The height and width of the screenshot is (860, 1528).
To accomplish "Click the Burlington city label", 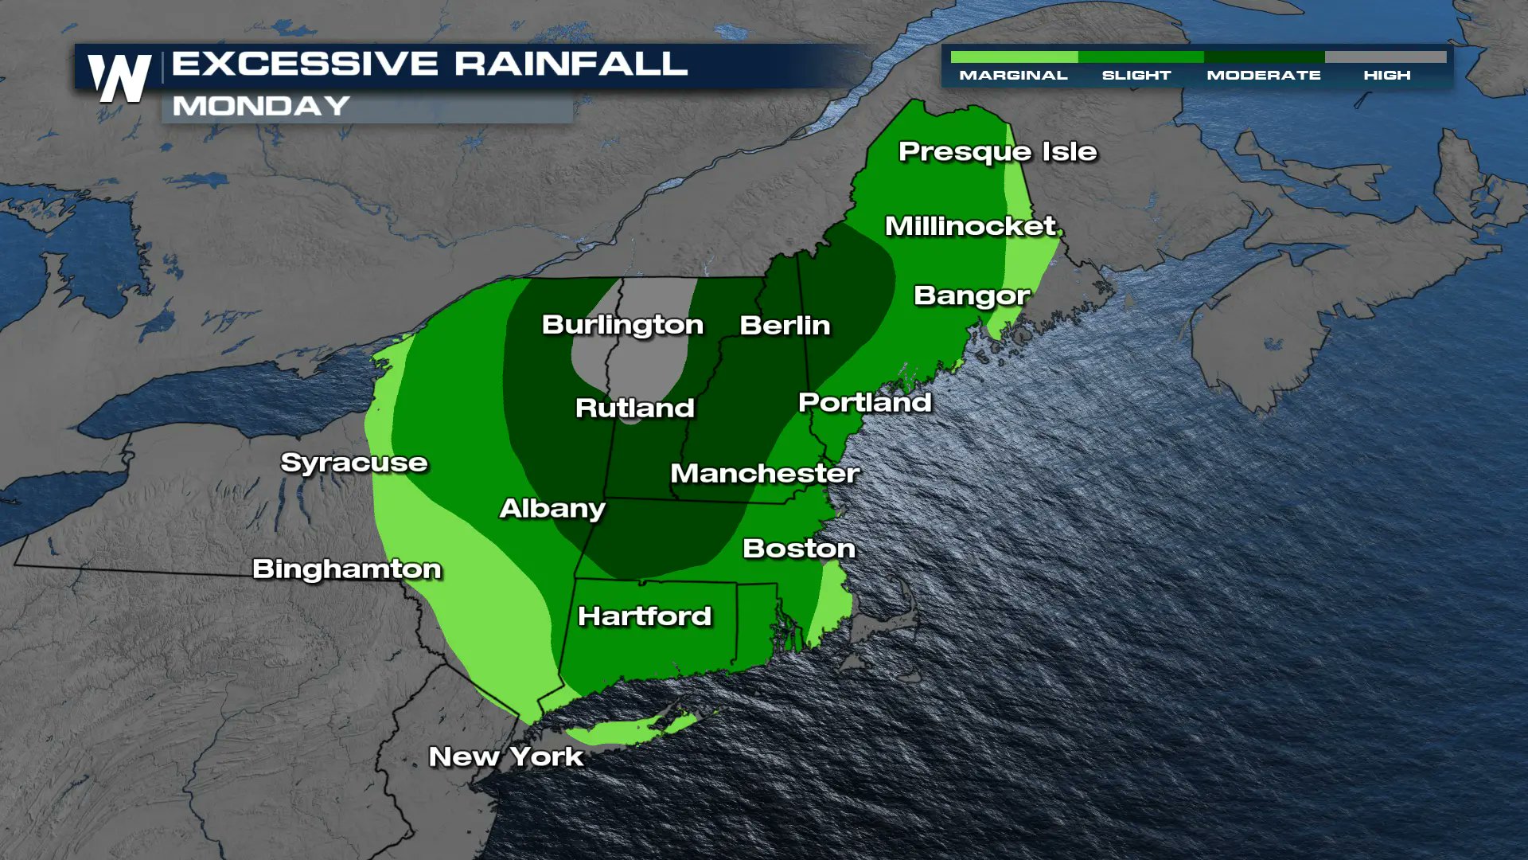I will (x=622, y=325).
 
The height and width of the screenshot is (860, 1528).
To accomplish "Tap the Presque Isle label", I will (x=997, y=151).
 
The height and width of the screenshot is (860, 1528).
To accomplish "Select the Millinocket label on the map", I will (x=971, y=226).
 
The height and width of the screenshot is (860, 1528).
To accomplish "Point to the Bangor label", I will (x=972, y=295).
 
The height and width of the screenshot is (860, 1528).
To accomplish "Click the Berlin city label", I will (x=785, y=325).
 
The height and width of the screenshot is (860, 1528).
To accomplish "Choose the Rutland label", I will (x=634, y=408).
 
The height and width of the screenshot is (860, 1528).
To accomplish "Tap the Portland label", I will (x=864, y=402).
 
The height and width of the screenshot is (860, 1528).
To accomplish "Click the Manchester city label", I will (x=764, y=473).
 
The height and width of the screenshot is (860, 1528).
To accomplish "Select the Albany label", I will (x=552, y=508).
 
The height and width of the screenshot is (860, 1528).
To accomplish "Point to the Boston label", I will (x=798, y=548).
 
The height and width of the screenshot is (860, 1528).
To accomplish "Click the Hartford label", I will (x=644, y=616).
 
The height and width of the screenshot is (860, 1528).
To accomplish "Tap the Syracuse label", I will (x=354, y=463).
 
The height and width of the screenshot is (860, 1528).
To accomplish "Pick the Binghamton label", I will (x=346, y=569).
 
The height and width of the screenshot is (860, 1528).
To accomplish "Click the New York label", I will (x=506, y=756).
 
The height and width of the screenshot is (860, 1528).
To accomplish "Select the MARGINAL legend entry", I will (x=1013, y=75).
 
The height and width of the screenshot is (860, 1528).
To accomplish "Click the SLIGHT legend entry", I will (x=1136, y=75).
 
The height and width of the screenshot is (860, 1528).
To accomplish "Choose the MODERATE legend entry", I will (x=1264, y=75).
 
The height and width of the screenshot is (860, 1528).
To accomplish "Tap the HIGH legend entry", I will (x=1386, y=75).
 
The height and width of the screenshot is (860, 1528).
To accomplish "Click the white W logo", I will (x=120, y=78).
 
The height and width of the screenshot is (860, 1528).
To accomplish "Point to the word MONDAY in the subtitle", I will (x=261, y=106).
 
